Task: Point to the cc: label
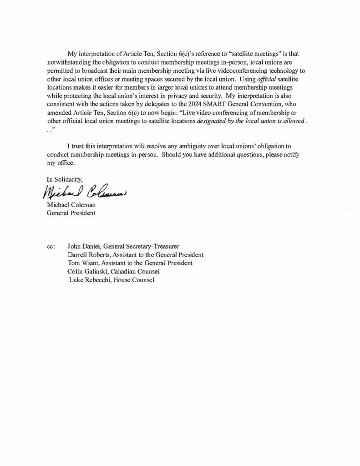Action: pyautogui.click(x=51, y=246)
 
